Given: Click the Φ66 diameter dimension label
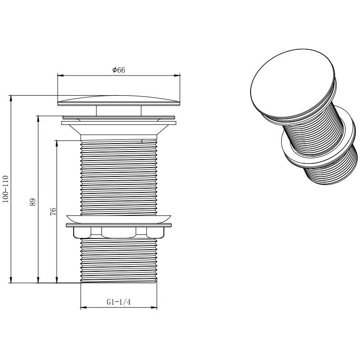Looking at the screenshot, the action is coord(119,70).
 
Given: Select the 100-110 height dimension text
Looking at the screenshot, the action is coord(6,189).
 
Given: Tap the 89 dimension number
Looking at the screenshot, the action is coord(33,202).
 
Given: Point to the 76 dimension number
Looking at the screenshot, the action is coord(53,211).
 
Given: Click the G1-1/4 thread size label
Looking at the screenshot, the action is coord(118,302).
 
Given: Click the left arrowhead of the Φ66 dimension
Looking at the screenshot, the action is coord(60,75).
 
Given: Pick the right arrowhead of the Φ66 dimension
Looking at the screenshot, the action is coord(177,75).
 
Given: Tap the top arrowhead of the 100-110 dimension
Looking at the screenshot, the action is coord(11,98).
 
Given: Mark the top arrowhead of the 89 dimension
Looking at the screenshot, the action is coord(38,119).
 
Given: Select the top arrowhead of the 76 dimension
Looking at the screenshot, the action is coord(56,144).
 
